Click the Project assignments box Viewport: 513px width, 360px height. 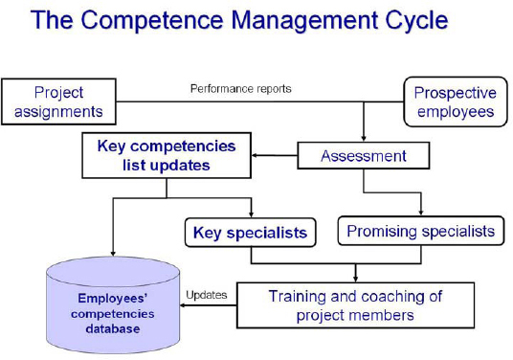pos(58,102)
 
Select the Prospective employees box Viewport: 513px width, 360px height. pos(455,102)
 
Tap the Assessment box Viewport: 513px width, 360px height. pos(363,156)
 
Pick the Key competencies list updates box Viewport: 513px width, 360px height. pos(167,156)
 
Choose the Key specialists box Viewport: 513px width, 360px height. pos(250,233)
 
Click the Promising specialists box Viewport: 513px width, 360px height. pos(420,231)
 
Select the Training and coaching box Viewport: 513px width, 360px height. pos(355,305)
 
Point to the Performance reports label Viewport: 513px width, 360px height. pos(240,89)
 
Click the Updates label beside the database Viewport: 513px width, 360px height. pos(206,295)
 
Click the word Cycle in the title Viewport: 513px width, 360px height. pos(408,20)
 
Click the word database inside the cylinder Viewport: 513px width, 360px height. pos(113,329)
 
